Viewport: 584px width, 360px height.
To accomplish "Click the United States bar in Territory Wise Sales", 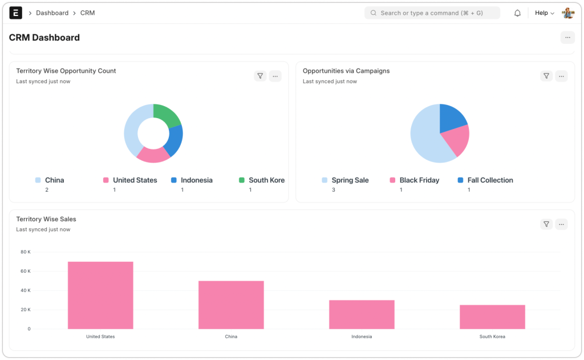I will [100, 295].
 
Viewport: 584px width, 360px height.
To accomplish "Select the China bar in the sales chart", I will [231, 305].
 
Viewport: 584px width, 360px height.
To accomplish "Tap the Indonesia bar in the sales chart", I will [362, 314].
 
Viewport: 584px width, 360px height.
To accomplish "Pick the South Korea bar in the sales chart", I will [492, 317].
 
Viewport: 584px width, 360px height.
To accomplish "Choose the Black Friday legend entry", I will [419, 180].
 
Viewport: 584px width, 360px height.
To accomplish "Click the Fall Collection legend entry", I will [489, 180].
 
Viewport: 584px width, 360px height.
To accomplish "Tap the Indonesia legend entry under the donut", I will [196, 180].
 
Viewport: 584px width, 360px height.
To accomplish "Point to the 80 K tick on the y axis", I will [25, 252].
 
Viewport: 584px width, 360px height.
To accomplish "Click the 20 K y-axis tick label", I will [25, 310].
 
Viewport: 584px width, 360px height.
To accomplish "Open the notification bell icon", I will [518, 13].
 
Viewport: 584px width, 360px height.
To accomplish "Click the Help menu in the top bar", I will [544, 13].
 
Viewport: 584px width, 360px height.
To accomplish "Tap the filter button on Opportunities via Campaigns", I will [546, 76].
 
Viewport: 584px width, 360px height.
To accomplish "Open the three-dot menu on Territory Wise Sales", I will [562, 224].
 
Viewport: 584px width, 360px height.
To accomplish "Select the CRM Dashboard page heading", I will [44, 38].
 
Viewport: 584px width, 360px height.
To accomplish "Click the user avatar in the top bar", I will [568, 13].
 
